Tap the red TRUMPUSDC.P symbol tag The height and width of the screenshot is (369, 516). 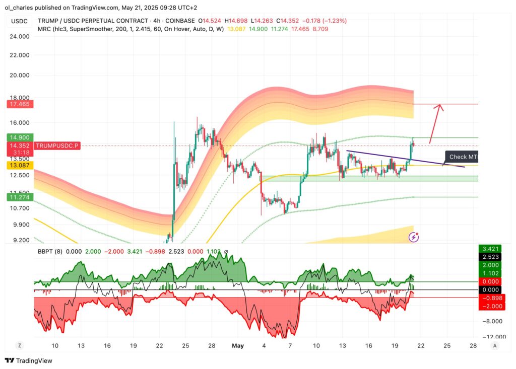click(58, 145)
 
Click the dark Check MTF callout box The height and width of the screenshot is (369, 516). click(462, 157)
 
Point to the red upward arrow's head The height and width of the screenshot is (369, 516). click(440, 106)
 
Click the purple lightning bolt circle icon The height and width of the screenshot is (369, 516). click(414, 237)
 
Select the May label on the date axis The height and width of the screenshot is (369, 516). click(238, 346)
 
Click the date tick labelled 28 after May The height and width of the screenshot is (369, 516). click(473, 346)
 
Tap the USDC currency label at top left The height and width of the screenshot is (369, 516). click(20, 21)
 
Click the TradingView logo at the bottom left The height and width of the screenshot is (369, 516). click(29, 360)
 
